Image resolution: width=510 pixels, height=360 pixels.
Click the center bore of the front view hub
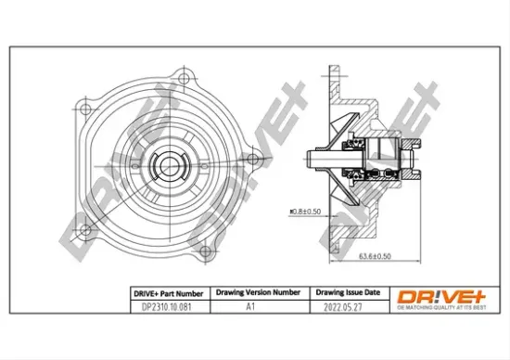tap(170, 167)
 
